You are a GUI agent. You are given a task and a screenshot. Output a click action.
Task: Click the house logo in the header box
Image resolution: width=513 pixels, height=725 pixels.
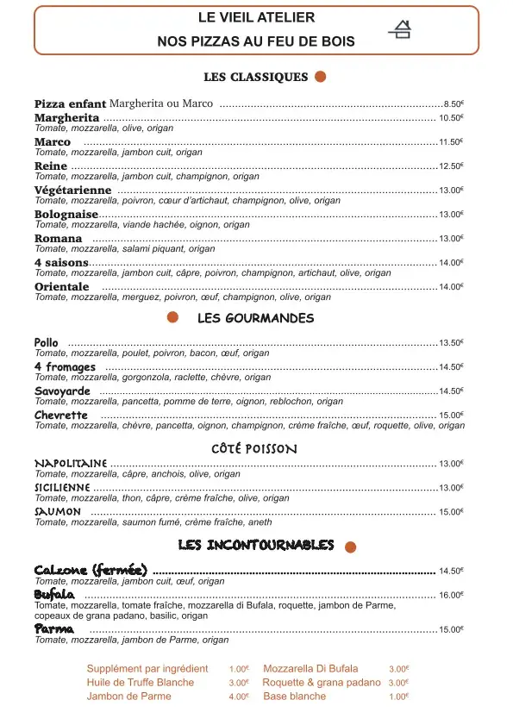[x=400, y=30]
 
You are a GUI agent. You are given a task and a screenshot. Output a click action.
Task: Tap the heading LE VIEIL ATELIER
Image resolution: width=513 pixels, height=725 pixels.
[x=256, y=17]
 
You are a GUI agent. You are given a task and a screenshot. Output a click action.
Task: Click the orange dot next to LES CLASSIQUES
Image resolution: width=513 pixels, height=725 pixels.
[x=321, y=77]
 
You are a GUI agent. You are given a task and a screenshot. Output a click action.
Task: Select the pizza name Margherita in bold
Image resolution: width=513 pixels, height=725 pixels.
[x=66, y=118]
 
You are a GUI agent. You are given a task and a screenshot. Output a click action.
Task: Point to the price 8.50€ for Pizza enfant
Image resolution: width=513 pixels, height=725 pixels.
[x=454, y=103]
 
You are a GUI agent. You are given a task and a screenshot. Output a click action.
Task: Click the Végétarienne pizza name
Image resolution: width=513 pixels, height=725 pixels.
[x=72, y=191]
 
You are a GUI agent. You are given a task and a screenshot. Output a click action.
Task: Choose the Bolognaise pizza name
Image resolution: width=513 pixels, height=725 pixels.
[x=66, y=215]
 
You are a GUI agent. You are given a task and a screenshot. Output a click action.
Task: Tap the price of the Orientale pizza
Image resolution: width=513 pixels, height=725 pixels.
[x=451, y=287]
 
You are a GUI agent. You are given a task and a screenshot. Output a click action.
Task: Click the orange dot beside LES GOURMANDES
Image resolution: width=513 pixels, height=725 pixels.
[x=172, y=318]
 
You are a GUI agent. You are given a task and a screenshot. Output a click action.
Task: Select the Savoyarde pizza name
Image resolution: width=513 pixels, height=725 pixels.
[x=62, y=391]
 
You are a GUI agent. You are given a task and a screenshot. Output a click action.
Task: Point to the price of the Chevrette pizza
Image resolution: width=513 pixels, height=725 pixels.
[x=451, y=416]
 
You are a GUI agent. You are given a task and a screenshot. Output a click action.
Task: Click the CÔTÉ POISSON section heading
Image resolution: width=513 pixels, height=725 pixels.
[x=253, y=449]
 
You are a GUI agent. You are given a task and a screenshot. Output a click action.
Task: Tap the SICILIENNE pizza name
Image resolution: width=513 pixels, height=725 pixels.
[x=62, y=488]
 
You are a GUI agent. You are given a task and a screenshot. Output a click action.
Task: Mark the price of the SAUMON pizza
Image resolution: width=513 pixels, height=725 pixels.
[x=451, y=512]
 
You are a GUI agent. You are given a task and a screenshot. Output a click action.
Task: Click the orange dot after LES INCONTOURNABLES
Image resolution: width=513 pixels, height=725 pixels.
[x=350, y=547]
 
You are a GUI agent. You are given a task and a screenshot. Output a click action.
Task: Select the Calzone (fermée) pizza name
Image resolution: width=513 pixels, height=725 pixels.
[x=91, y=571]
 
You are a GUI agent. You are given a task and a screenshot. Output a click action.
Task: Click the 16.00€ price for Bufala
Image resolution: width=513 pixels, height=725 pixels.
[x=451, y=596]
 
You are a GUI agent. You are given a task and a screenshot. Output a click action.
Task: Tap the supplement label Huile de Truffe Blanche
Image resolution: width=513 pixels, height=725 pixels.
[x=141, y=683]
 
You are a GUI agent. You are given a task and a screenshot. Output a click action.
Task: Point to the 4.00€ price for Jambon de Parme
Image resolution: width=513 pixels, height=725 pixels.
[x=239, y=697]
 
